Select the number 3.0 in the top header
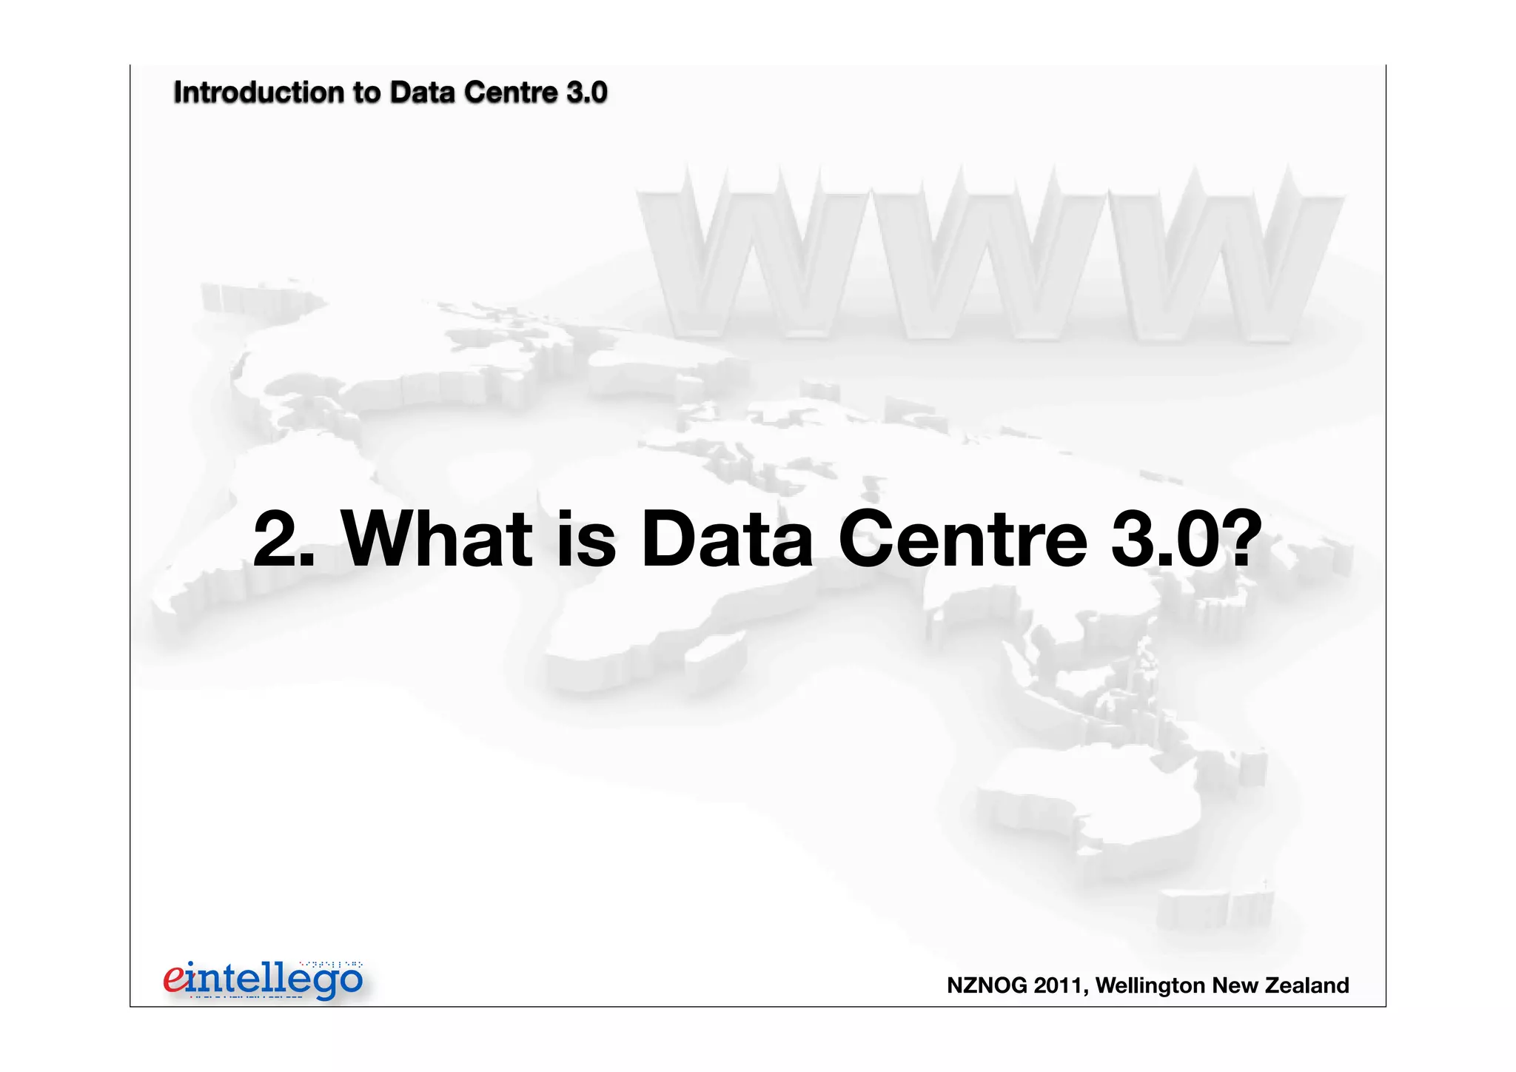click(587, 93)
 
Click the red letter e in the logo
click(175, 979)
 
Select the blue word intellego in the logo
click(274, 980)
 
